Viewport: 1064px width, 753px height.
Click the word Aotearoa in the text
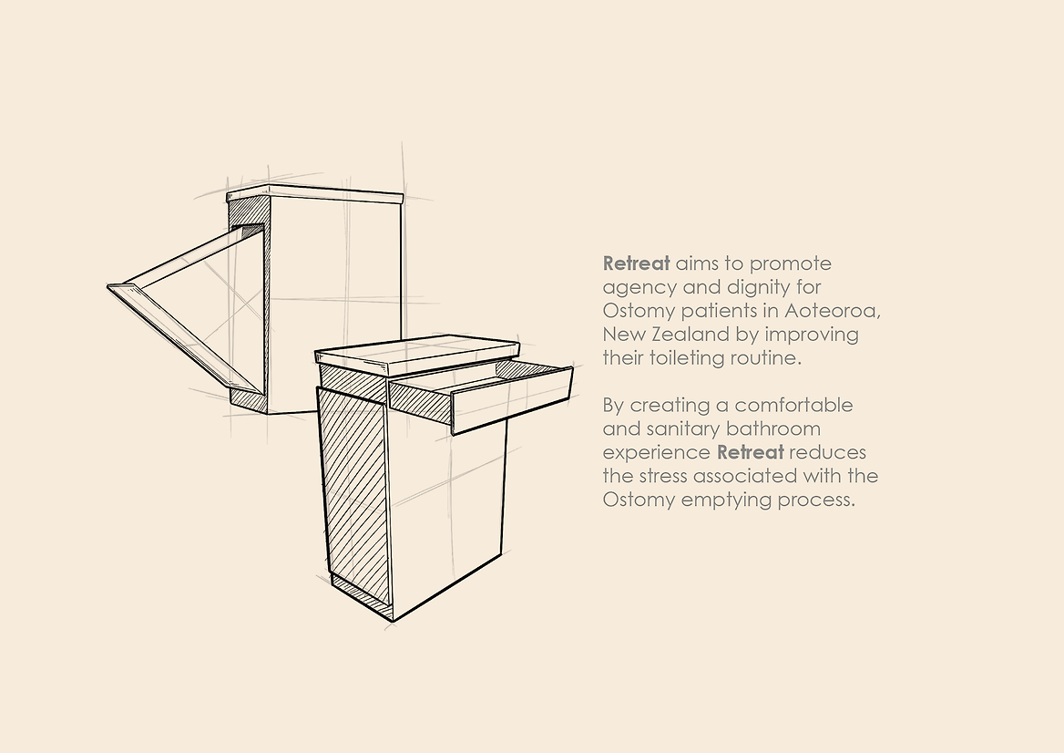pyautogui.click(x=833, y=310)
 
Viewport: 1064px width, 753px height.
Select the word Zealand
pyautogui.click(x=680, y=334)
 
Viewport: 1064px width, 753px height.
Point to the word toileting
pyautogui.click(x=687, y=358)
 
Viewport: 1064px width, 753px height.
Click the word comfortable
pyautogui.click(x=794, y=405)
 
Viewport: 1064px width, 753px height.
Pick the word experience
pyautogui.click(x=656, y=453)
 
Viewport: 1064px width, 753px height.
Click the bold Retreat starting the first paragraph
pyautogui.click(x=637, y=263)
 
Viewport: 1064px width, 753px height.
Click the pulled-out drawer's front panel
pyautogui.click(x=511, y=400)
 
